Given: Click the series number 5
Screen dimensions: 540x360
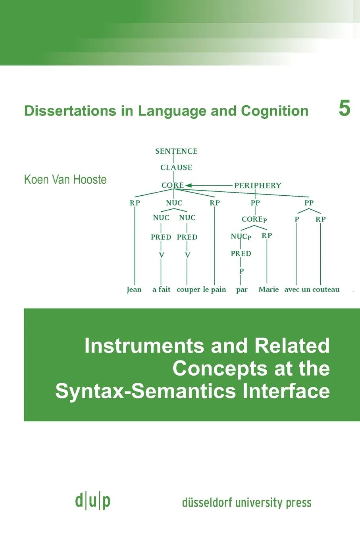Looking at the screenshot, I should point(344,108).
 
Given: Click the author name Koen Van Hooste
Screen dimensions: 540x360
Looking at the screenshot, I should point(65,179).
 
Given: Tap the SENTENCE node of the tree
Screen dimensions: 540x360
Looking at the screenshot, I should point(176,151).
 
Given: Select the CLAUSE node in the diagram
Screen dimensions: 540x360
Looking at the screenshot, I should point(176,168).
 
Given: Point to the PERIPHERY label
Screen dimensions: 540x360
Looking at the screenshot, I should point(257,185).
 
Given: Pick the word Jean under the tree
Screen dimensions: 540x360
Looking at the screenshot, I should point(134,289).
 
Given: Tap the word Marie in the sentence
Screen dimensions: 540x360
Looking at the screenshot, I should point(269,289).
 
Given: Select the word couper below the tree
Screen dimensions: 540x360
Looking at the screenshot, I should point(189,289).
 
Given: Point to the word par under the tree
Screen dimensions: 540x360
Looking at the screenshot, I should point(242,290).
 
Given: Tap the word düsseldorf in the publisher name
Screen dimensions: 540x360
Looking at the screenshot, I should point(207,502).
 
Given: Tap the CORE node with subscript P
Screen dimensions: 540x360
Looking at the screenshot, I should point(254,219).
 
